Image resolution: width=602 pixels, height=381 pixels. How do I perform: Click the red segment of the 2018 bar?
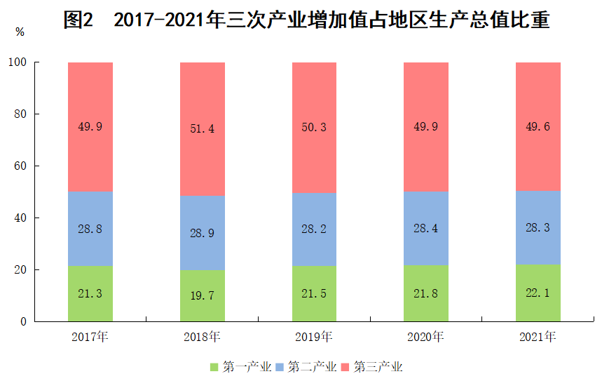click(x=203, y=129)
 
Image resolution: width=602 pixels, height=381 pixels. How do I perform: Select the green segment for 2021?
click(x=538, y=293)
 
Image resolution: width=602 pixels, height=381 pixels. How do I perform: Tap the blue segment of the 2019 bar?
click(x=314, y=229)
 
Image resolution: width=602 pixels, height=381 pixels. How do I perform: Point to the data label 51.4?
click(x=203, y=128)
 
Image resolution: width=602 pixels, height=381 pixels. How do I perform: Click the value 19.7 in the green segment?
click(x=203, y=295)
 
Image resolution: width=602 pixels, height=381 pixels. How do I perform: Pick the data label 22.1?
click(x=538, y=293)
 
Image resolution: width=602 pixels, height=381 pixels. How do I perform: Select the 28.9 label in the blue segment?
click(x=203, y=233)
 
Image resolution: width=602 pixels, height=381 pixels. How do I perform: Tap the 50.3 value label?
click(x=314, y=127)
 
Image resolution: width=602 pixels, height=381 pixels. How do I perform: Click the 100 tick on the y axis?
click(x=18, y=62)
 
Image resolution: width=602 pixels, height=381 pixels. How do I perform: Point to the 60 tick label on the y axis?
click(x=20, y=166)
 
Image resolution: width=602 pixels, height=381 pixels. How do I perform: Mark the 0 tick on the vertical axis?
click(x=23, y=321)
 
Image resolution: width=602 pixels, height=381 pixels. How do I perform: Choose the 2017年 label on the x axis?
click(x=90, y=337)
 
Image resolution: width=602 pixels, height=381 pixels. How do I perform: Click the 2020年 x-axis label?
click(x=426, y=337)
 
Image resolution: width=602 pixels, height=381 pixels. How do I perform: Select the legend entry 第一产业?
click(x=240, y=367)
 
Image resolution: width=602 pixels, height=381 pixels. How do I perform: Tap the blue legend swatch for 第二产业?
click(x=280, y=367)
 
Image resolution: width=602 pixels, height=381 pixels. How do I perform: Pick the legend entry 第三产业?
click(x=372, y=367)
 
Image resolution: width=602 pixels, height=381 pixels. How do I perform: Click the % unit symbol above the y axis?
click(x=20, y=32)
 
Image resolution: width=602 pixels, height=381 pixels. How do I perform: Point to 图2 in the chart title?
click(x=78, y=20)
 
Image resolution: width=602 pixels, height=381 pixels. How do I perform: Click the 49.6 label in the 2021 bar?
click(x=538, y=126)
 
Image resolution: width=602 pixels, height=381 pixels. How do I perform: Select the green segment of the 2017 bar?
click(x=90, y=294)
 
